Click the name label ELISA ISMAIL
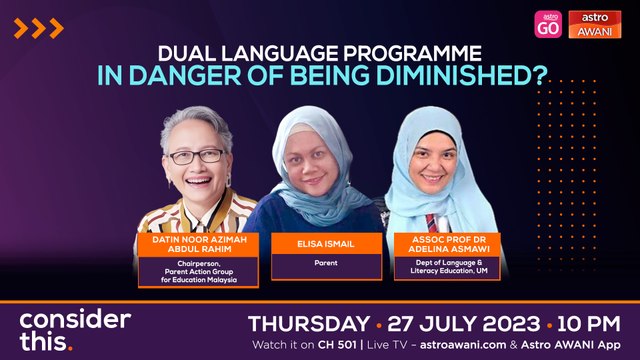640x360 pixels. [310, 240]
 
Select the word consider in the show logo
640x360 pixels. [75, 321]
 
